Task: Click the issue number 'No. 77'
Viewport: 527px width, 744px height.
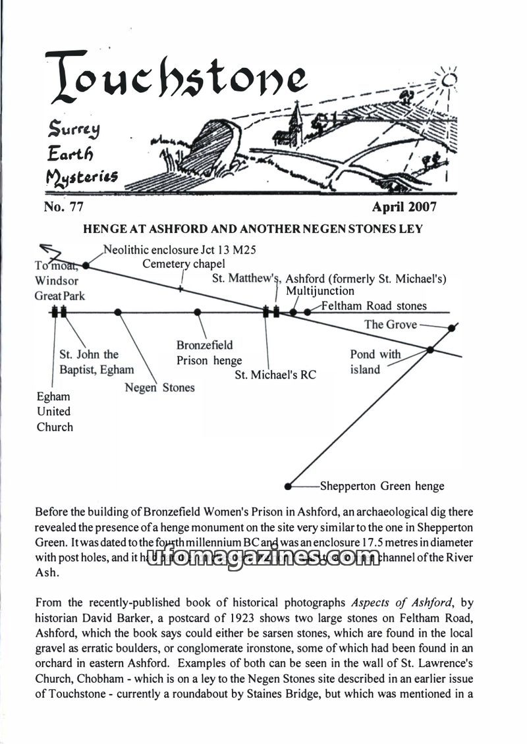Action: (x=63, y=207)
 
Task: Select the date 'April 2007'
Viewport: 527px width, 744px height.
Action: (x=404, y=207)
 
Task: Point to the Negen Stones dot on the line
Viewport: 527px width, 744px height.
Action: (x=118, y=312)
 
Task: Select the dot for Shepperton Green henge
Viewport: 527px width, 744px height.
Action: (x=287, y=487)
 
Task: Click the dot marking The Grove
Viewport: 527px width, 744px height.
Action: (x=451, y=327)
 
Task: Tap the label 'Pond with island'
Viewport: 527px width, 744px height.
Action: (x=375, y=362)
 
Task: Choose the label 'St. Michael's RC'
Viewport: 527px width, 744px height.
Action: (x=275, y=375)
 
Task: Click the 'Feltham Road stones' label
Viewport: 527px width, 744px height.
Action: (x=374, y=306)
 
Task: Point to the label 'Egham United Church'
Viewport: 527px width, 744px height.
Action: (x=55, y=412)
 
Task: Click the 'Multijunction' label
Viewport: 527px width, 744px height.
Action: (x=319, y=291)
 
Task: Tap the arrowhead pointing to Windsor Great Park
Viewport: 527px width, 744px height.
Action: (x=45, y=249)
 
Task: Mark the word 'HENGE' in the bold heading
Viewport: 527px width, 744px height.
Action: (x=100, y=229)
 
